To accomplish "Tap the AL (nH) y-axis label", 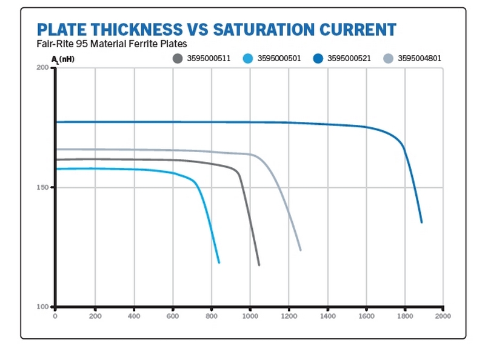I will (x=63, y=59).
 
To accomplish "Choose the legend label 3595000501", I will (x=279, y=59).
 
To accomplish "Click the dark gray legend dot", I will (x=178, y=59).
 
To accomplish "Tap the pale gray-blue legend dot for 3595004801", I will (x=388, y=59).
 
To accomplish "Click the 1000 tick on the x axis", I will (x=250, y=316).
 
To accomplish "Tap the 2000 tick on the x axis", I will (x=444, y=316).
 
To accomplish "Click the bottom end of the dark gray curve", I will (x=259, y=265).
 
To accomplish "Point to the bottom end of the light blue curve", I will (x=219, y=262).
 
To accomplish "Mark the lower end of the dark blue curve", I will (x=421, y=222).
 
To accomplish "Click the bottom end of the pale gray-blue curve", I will (x=300, y=250).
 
